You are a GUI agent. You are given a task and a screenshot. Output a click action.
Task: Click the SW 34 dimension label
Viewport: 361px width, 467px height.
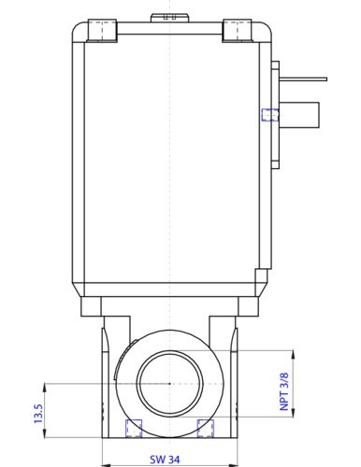(166, 460)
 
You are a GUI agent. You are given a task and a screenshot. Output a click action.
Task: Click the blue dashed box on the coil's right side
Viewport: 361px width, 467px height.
(269, 115)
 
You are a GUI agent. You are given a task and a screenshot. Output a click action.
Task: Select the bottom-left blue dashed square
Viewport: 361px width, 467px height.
(133, 428)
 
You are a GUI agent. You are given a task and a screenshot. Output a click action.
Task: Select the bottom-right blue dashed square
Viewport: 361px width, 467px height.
(206, 428)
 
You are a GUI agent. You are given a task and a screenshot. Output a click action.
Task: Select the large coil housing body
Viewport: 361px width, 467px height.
(168, 159)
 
